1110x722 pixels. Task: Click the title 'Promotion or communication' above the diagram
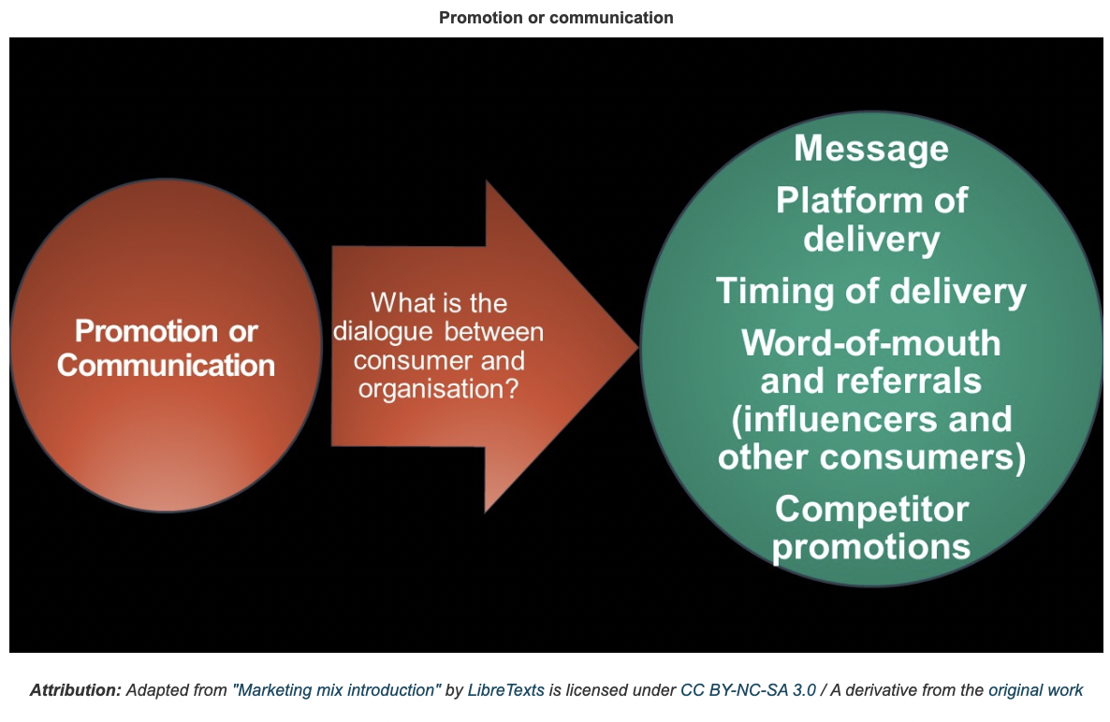point(556,18)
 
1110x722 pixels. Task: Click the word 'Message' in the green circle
point(870,149)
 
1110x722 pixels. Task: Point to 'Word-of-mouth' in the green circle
point(870,343)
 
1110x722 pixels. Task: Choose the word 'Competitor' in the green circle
point(871,509)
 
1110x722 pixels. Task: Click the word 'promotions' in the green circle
point(870,547)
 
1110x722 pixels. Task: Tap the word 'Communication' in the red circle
point(166,366)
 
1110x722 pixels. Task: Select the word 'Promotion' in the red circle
point(147,331)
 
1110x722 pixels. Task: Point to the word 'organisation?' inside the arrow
point(439,389)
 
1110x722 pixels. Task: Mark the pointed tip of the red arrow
point(637,346)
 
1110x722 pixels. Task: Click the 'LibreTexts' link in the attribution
point(506,690)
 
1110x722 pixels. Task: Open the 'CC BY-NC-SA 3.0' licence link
point(748,690)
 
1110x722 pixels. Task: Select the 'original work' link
point(1036,690)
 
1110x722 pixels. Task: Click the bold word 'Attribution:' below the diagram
point(76,690)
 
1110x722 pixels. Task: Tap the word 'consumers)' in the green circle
point(923,457)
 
